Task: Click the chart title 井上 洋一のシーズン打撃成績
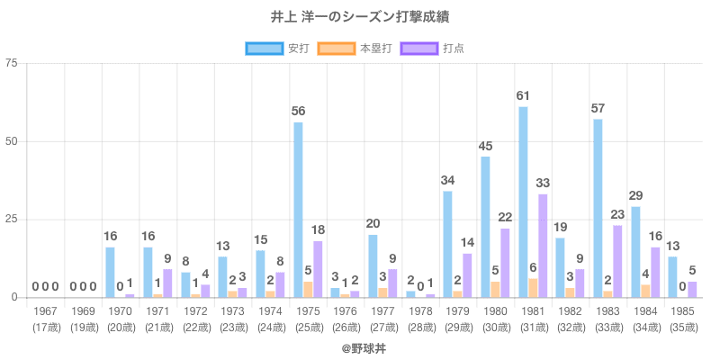[359, 17]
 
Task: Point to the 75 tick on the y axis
[11, 63]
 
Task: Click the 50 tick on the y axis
[11, 141]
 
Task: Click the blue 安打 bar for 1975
[298, 210]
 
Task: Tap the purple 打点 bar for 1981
[543, 246]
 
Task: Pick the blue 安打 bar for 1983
[598, 208]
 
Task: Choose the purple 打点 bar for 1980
[505, 263]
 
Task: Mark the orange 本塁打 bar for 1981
[533, 288]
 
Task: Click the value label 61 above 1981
[523, 95]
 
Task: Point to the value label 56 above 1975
[298, 111]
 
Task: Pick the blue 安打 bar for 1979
[447, 244]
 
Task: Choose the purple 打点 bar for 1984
[655, 272]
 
